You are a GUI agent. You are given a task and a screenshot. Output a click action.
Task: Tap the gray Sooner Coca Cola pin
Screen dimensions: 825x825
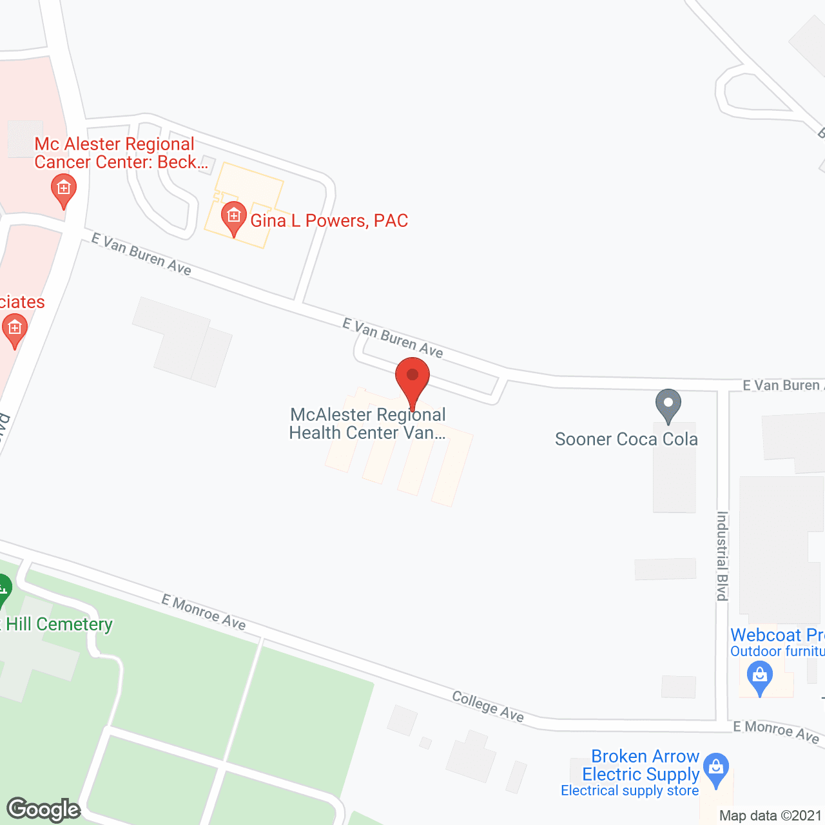click(x=668, y=405)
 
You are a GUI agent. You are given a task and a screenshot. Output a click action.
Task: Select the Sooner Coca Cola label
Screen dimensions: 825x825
click(x=626, y=440)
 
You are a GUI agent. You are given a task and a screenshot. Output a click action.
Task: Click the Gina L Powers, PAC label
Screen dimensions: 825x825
click(x=329, y=221)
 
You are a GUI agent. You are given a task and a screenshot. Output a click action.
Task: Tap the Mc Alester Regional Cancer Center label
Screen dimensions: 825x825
click(x=115, y=153)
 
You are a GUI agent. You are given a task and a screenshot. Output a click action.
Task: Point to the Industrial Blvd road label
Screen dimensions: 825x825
click(x=723, y=556)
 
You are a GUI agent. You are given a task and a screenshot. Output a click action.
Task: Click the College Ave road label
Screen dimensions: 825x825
click(x=488, y=706)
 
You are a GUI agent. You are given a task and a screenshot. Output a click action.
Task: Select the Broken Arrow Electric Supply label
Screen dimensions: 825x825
click(x=641, y=765)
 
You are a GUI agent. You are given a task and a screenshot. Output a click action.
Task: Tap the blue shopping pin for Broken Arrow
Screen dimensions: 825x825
click(x=716, y=769)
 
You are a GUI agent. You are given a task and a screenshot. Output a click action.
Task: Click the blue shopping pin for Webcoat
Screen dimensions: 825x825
click(x=760, y=677)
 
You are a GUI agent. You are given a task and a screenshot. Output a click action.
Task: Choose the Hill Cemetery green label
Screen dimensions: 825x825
click(x=58, y=625)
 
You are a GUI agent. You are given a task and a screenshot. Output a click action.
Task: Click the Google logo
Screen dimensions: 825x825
click(x=44, y=810)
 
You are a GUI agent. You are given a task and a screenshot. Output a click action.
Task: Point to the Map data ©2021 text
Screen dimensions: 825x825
click(x=770, y=816)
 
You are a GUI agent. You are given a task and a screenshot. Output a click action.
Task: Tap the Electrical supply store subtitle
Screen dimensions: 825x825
click(x=630, y=791)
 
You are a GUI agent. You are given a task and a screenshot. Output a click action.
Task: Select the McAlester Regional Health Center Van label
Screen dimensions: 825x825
click(x=367, y=423)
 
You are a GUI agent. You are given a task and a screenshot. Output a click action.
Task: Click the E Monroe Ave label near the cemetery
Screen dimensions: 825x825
click(x=204, y=612)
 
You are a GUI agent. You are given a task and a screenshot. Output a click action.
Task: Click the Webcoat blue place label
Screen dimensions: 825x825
click(x=777, y=636)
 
